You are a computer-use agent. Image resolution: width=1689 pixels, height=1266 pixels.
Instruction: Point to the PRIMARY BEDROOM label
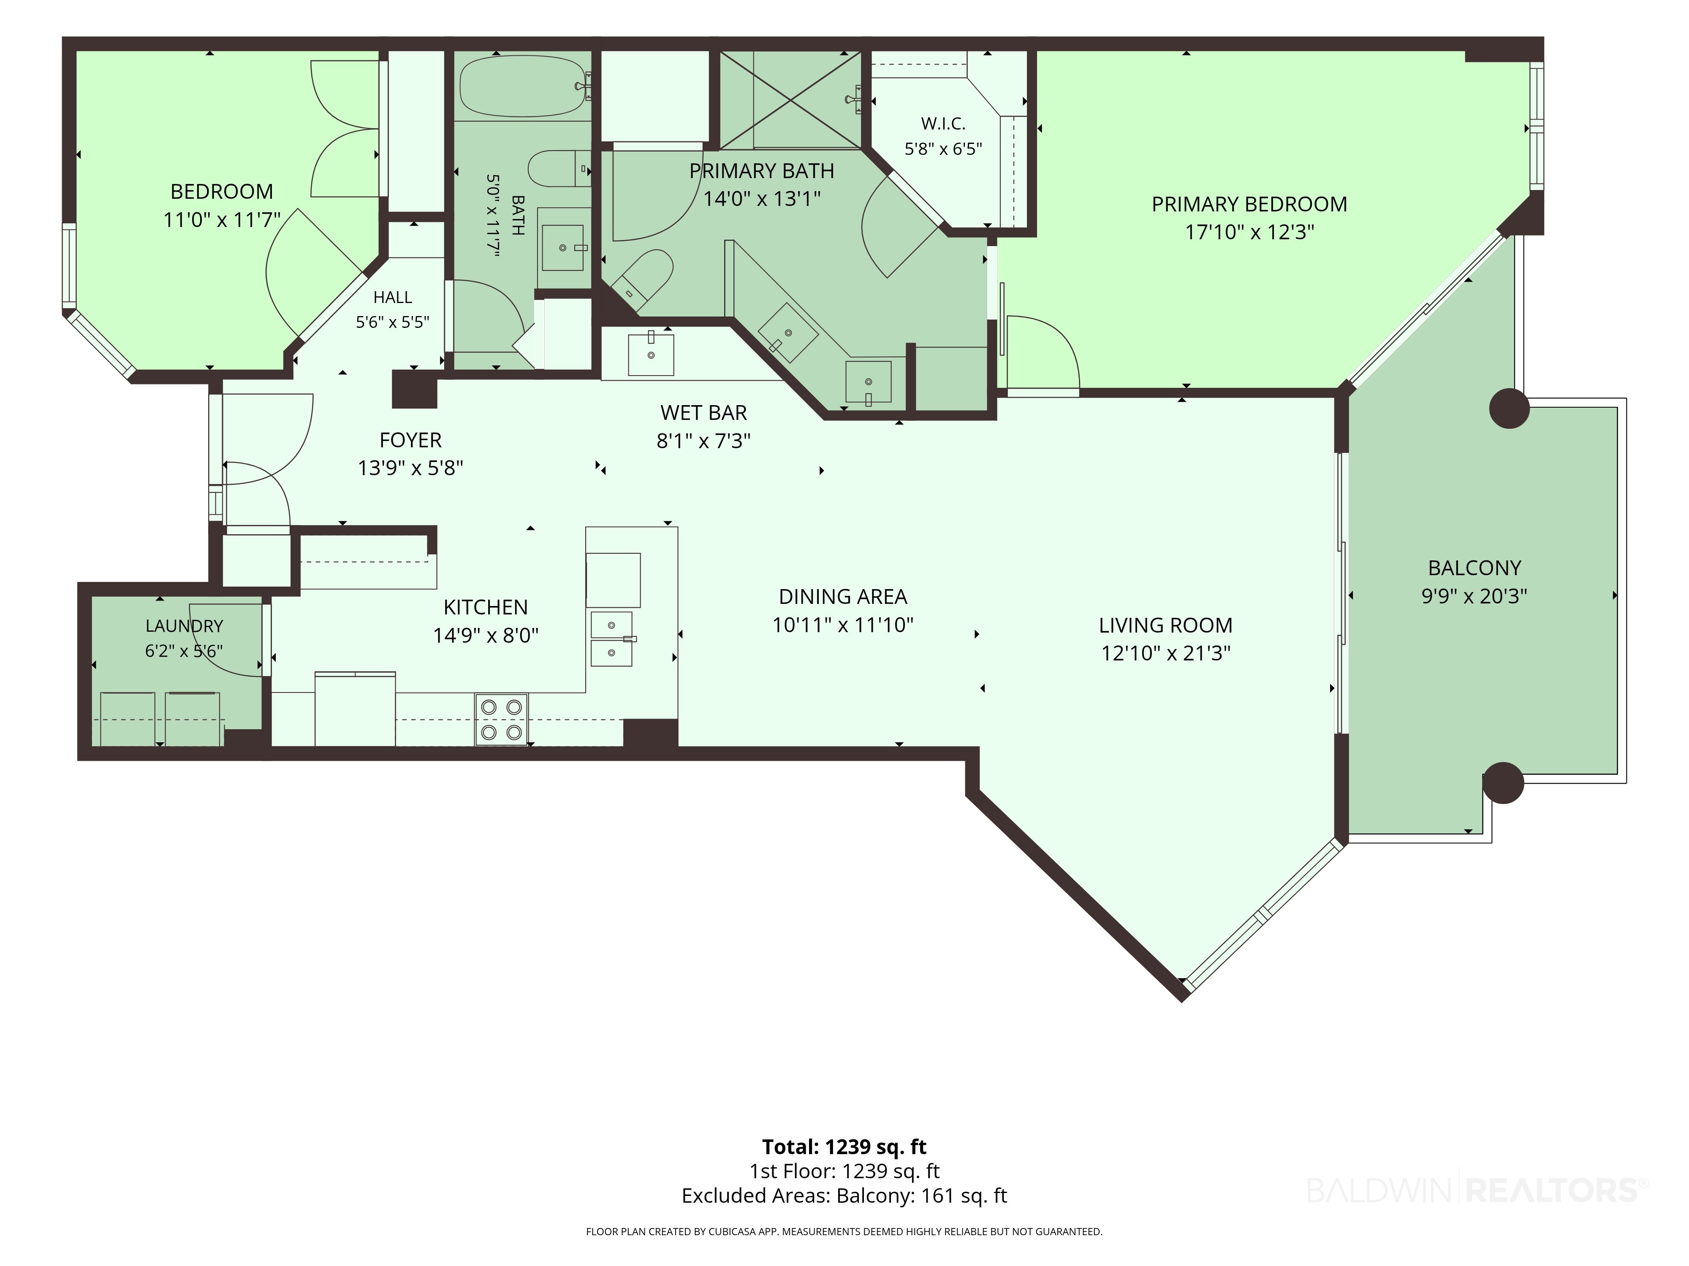1249,205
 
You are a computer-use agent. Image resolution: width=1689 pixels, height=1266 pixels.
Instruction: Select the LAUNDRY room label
184,626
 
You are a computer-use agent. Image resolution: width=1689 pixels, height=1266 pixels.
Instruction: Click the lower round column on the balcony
1503,783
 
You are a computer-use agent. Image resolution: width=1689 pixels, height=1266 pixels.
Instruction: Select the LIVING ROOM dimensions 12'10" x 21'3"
1165,653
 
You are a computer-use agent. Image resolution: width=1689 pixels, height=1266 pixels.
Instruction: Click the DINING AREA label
843,597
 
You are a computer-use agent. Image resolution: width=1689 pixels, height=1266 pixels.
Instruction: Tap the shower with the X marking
790,99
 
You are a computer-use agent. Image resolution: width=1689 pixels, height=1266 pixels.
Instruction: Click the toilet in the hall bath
559,169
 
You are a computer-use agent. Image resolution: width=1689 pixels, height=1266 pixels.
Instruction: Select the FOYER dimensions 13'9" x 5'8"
411,468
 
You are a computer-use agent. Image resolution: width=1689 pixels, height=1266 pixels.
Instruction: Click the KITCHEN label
486,607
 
